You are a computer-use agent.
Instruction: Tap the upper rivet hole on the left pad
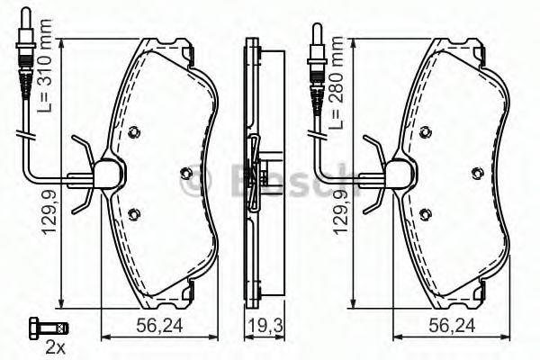pyautogui.click(x=136, y=131)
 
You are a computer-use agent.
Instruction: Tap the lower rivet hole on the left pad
pyautogui.click(x=136, y=214)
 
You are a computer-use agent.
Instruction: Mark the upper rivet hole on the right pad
pyautogui.click(x=426, y=131)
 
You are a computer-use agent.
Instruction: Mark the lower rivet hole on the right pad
pyautogui.click(x=426, y=214)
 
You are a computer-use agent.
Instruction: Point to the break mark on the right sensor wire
pyautogui.click(x=318, y=138)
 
